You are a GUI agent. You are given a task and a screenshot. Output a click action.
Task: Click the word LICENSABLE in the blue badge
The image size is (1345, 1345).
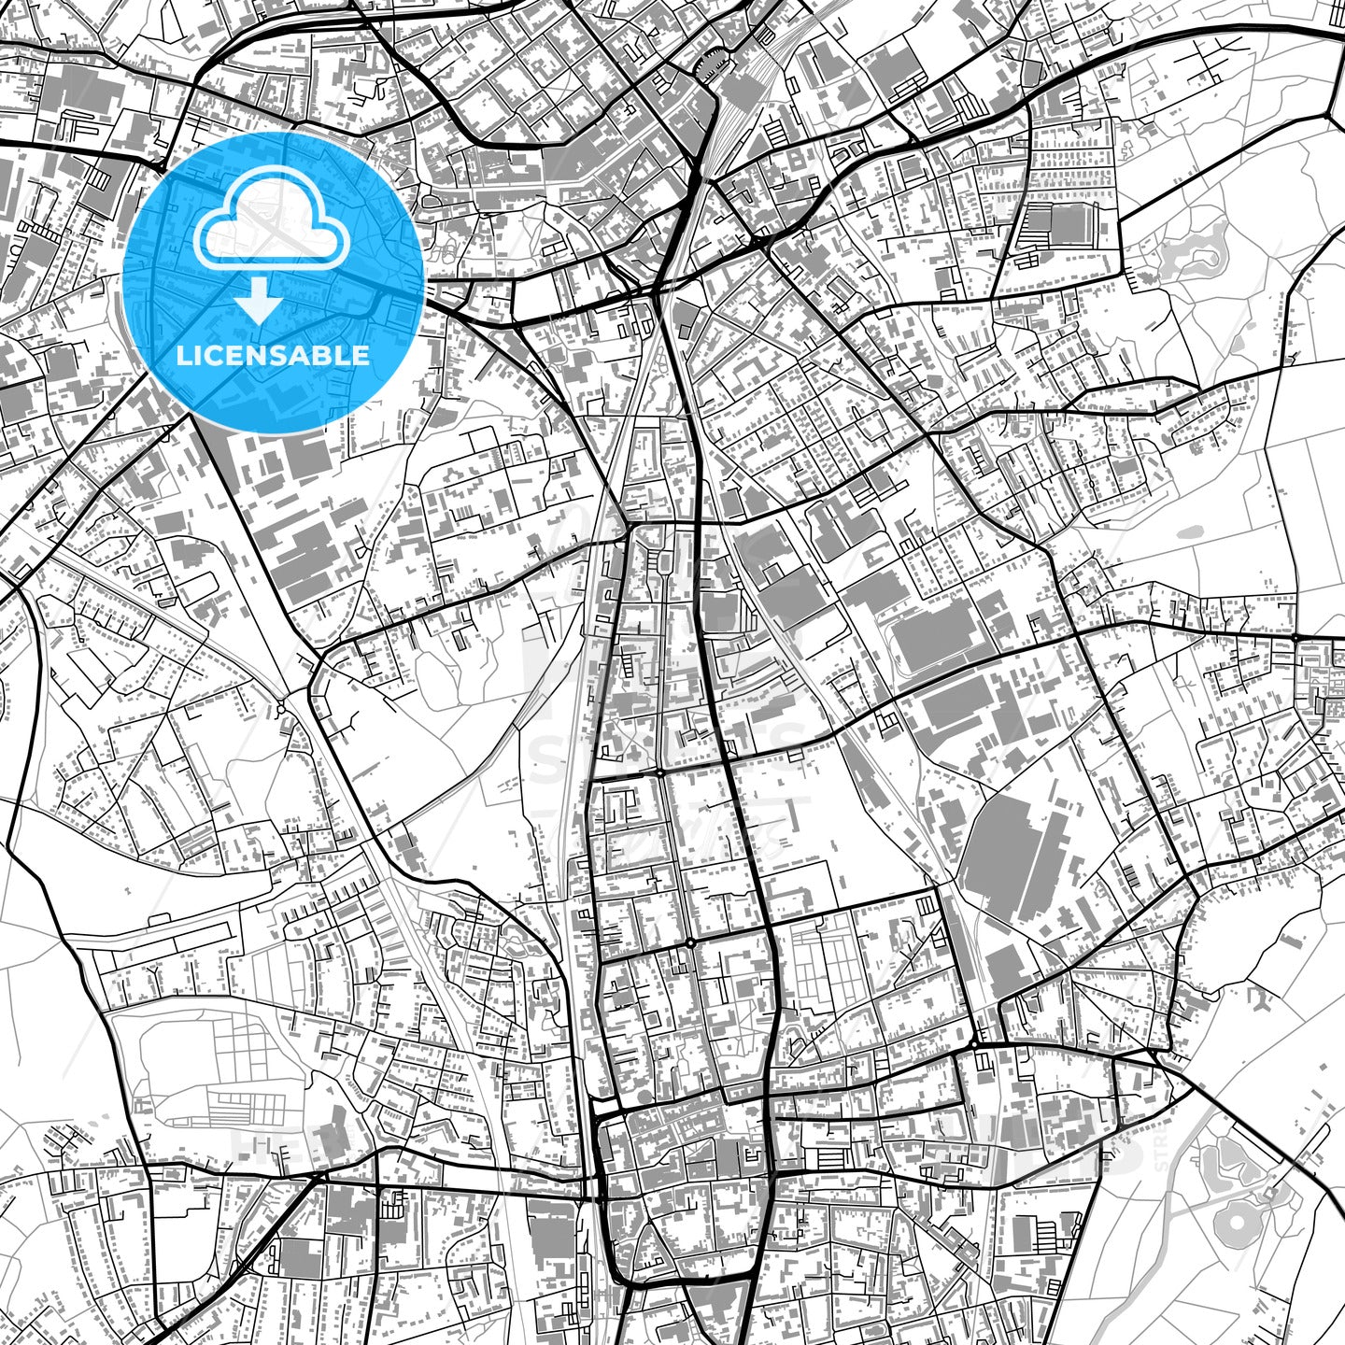tap(273, 356)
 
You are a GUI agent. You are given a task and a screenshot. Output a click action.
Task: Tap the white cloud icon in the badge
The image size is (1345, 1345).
tap(271, 224)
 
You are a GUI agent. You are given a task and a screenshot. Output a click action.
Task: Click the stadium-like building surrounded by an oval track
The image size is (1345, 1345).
tap(938, 635)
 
